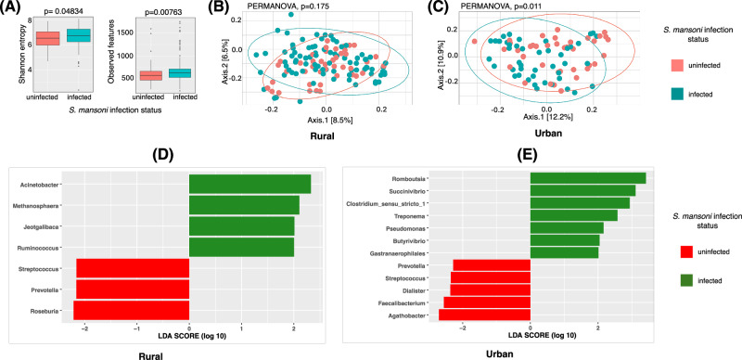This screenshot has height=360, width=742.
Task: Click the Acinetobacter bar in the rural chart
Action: coord(249,184)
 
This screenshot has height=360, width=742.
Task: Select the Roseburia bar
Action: coord(131,310)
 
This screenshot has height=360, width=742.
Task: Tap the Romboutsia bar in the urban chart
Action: coord(588,178)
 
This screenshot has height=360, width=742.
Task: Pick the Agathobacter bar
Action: coord(484,315)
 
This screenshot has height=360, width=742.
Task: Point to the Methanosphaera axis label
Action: coord(40,206)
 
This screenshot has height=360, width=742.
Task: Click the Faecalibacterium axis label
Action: coord(403,302)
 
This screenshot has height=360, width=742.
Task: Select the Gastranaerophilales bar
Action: coord(565,253)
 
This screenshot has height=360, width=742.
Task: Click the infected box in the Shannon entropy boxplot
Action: coord(78,35)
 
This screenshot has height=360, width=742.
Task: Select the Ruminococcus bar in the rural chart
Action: coord(241,247)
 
